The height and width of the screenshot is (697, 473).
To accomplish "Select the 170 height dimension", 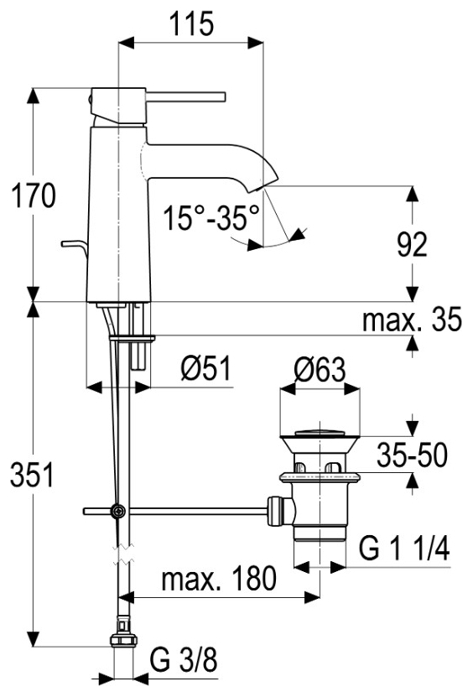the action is pyautogui.click(x=34, y=195).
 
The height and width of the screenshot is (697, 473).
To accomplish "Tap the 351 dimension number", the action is pyautogui.click(x=32, y=474).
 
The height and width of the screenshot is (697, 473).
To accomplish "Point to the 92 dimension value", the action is pyautogui.click(x=412, y=244).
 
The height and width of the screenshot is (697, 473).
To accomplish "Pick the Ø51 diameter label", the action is pyautogui.click(x=205, y=368).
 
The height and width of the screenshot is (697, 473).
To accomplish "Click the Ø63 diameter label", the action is pyautogui.click(x=320, y=369).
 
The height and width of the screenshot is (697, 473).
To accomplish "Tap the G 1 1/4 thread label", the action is pyautogui.click(x=404, y=549).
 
